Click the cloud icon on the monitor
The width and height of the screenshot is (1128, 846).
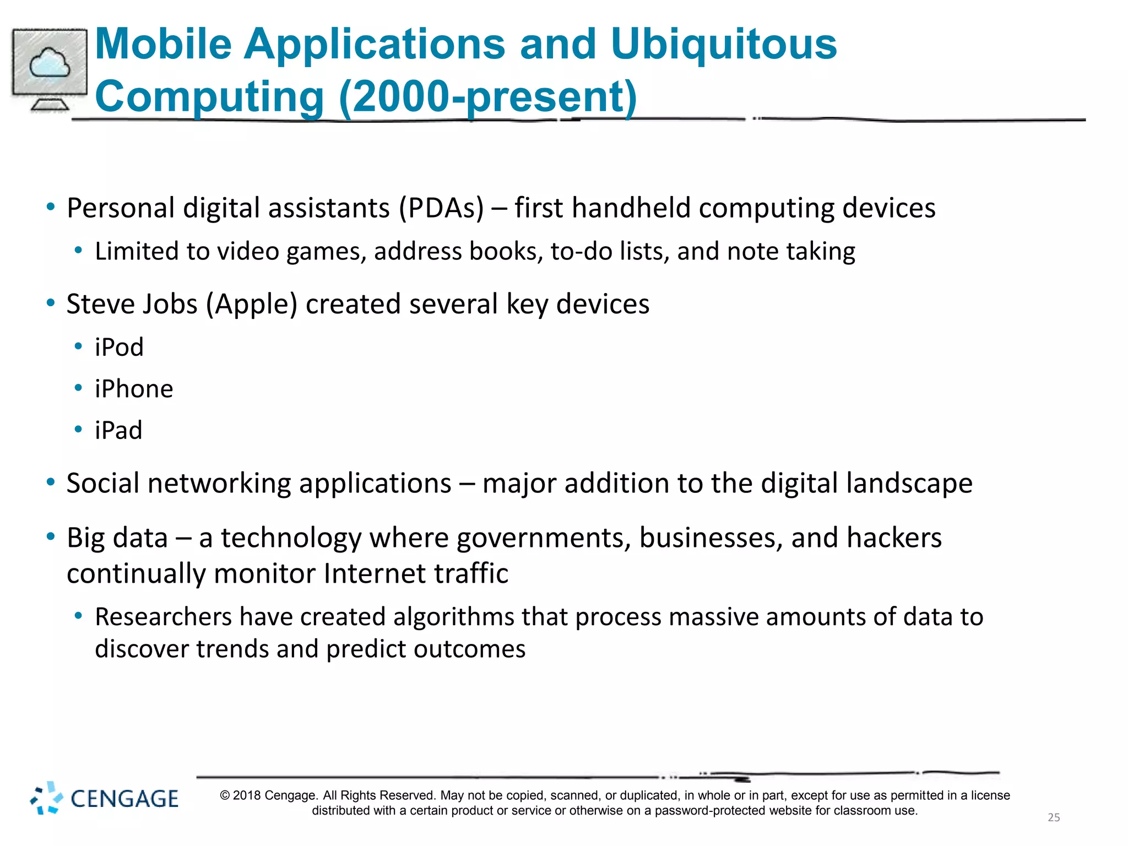[50, 63]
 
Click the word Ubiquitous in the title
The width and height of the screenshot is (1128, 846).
[723, 44]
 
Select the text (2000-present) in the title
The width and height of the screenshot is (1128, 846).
[488, 96]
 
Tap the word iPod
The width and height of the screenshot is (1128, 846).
[119, 348]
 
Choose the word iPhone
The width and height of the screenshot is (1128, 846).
[134, 389]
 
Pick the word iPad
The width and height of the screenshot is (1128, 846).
[118, 430]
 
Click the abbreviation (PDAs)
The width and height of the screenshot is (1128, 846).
[441, 208]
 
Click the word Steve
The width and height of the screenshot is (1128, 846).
[102, 304]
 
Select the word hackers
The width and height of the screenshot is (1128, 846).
[894, 538]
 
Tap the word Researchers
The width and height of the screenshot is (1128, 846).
[163, 617]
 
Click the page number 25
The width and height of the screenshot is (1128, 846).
[1054, 817]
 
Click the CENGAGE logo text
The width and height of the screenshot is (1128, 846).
[124, 799]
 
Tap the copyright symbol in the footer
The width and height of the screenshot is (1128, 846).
[225, 795]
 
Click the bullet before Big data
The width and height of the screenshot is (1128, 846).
[51, 536]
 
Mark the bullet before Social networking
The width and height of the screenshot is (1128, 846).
[51, 482]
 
